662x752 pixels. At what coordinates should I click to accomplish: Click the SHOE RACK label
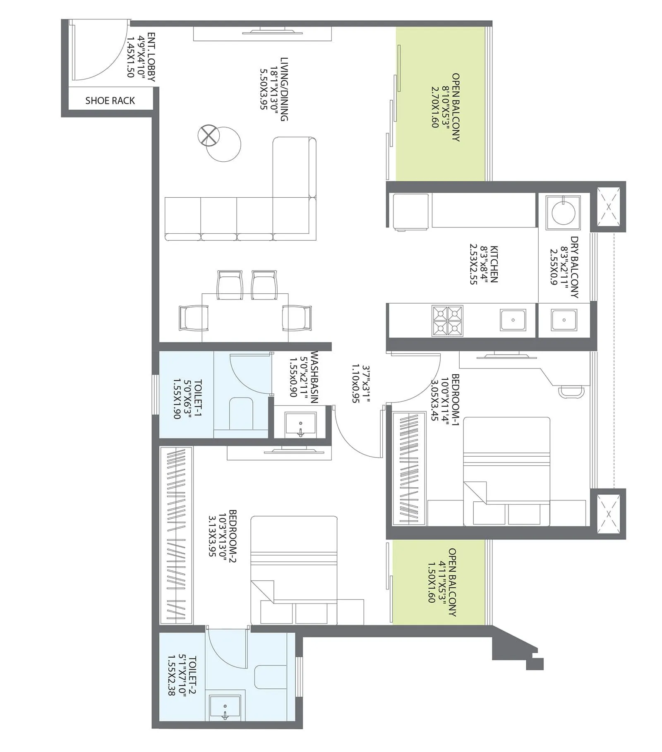tap(110, 101)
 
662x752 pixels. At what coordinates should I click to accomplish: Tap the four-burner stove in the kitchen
tap(447, 321)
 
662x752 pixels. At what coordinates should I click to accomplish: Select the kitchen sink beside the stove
tap(513, 320)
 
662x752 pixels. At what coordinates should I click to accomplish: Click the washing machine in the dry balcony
tap(563, 213)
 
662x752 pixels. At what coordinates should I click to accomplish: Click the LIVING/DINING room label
tap(284, 89)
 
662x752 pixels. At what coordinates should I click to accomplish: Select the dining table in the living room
tap(245, 316)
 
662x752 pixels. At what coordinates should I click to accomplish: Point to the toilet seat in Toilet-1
tap(241, 414)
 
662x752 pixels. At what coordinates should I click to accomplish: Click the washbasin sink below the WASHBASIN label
tap(300, 424)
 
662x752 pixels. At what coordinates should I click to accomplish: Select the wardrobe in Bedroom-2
tap(176, 536)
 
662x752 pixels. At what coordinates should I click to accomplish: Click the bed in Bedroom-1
tap(506, 472)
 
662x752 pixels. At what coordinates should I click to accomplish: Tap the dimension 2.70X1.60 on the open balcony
tap(434, 107)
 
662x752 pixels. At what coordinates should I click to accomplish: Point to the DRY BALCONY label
tap(574, 267)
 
